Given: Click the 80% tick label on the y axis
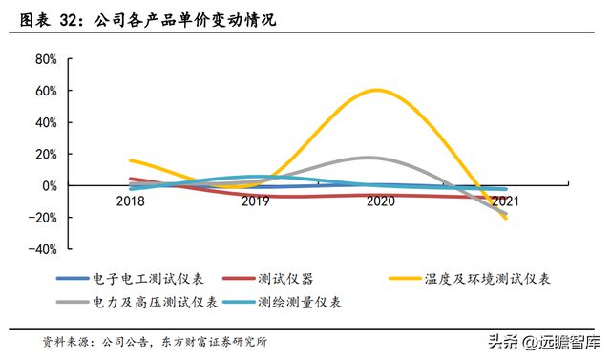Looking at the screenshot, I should point(46,59).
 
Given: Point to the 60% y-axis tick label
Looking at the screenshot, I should point(46,91).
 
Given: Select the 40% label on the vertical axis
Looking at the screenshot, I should point(46,122).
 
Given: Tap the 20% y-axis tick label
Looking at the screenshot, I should point(46,154).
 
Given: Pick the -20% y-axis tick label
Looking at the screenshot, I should point(44,217).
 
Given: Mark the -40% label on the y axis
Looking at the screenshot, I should point(44,248).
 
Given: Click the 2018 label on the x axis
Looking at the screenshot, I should point(131,201).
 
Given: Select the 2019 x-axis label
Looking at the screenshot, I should point(255,201).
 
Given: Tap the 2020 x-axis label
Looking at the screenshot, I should point(379,201).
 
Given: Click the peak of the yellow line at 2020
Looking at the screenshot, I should point(377,91).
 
